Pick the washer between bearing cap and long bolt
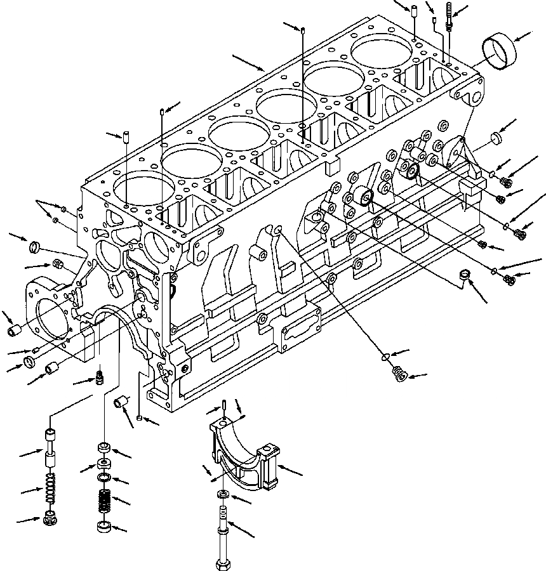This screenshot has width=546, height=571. click(223, 495)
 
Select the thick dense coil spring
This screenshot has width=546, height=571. click(103, 502)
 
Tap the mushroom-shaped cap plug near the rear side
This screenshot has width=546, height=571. click(496, 138)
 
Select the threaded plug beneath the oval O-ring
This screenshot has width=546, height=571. click(399, 375)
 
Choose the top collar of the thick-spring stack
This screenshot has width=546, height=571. click(104, 449)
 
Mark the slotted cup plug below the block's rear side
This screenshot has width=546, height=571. click(465, 275)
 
